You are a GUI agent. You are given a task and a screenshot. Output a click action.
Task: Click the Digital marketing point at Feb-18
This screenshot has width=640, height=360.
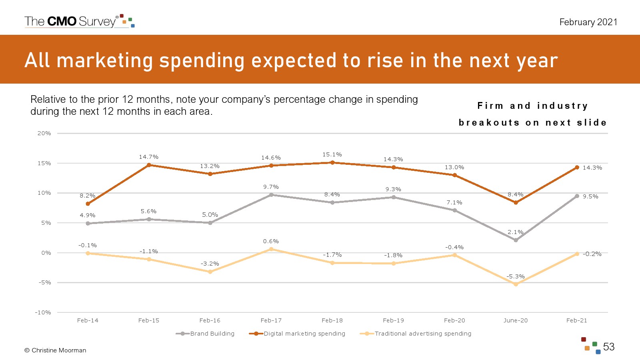click(x=332, y=162)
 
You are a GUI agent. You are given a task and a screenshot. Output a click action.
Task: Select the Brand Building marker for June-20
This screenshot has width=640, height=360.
click(x=516, y=240)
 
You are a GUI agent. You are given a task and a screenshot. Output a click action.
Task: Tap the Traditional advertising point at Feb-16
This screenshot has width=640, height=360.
click(x=210, y=272)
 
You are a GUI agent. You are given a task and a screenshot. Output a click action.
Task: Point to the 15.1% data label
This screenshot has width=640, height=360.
click(x=332, y=154)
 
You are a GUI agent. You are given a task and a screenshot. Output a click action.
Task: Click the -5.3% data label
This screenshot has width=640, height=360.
click(x=516, y=276)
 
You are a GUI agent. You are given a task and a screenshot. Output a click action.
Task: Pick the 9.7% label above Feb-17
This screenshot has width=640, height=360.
click(x=271, y=187)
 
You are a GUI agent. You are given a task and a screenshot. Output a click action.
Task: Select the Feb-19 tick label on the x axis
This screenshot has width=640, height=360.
click(x=393, y=320)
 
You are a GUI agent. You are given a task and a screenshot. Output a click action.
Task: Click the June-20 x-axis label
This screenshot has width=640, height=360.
click(x=516, y=320)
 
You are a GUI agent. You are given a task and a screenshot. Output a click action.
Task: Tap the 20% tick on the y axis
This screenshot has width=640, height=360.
click(x=44, y=133)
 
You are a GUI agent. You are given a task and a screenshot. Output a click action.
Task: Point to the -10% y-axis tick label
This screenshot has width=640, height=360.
click(x=43, y=312)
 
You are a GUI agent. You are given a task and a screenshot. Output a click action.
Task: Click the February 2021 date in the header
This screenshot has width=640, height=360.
click(x=588, y=22)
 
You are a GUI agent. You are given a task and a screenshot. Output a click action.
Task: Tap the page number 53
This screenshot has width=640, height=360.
click(x=609, y=347)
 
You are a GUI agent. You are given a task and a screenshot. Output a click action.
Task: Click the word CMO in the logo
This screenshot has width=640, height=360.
click(x=62, y=21)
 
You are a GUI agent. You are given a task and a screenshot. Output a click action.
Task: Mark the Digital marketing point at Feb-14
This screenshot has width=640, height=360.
click(x=88, y=204)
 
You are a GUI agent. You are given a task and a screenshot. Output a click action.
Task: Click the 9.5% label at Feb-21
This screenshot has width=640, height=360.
click(x=590, y=196)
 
